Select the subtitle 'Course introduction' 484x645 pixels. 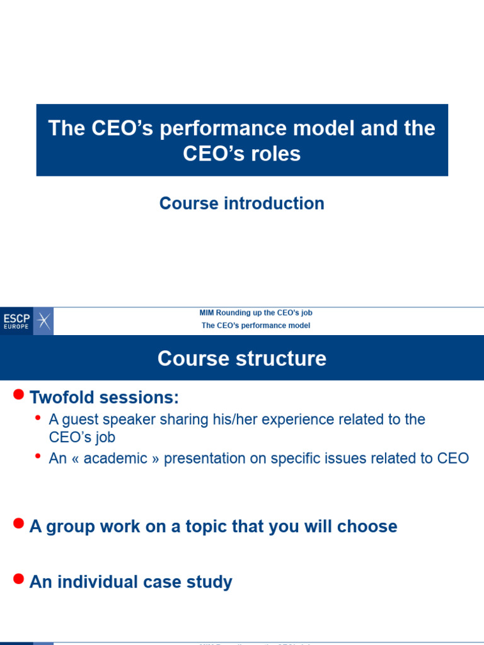(241, 203)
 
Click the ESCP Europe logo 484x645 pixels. (17, 321)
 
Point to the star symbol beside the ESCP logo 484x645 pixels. (43, 321)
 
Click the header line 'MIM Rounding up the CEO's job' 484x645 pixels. (256, 312)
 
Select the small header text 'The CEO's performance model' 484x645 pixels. (256, 326)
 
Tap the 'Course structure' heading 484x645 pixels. (241, 358)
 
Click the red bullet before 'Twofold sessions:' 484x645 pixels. (18, 395)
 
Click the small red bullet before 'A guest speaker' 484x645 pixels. (39, 418)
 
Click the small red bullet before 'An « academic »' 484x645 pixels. (39, 455)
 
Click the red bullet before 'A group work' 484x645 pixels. (18, 523)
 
